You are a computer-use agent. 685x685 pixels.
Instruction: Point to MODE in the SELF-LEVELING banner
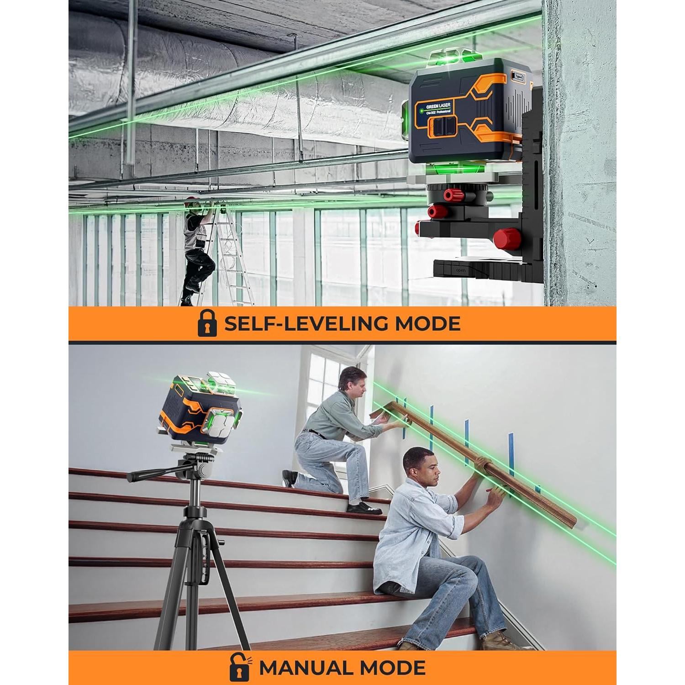[427, 324]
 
